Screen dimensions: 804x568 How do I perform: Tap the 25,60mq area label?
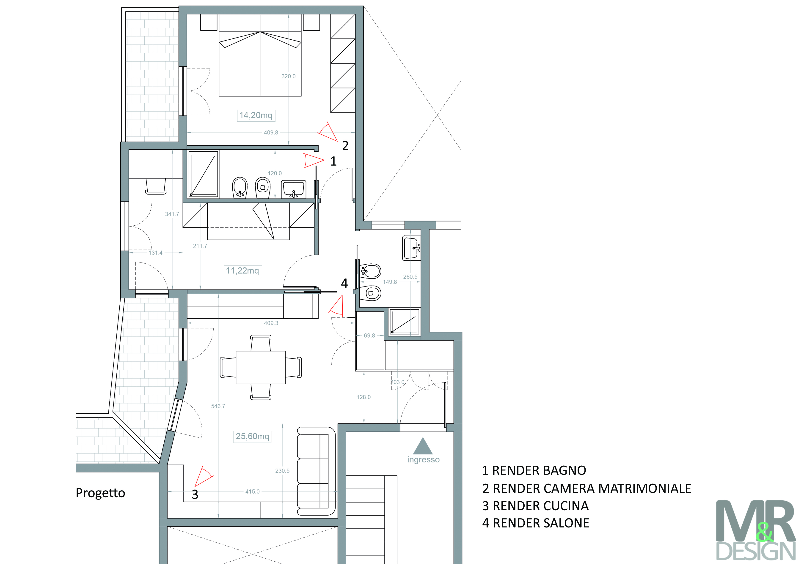point(253,436)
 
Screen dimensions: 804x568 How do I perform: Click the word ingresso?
point(423,459)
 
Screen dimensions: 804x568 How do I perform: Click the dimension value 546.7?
point(218,406)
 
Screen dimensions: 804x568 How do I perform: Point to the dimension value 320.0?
point(289,76)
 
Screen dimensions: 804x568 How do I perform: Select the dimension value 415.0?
point(253,491)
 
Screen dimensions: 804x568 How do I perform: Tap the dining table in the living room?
point(261,367)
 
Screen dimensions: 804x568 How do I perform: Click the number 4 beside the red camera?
point(344,283)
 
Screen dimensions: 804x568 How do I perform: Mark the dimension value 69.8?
point(369,335)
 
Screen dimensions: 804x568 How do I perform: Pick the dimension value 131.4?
point(155,253)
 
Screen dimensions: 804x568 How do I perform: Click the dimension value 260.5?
point(410,276)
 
